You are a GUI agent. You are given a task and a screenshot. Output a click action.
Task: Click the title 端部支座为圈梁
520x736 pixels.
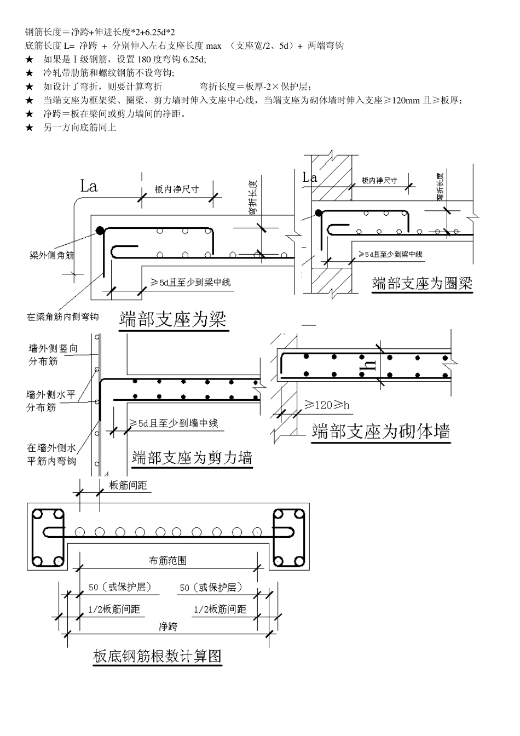pos(421,283)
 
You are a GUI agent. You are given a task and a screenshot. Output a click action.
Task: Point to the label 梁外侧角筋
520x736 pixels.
pos(52,255)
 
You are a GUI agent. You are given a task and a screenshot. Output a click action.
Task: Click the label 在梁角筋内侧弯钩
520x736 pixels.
pos(62,317)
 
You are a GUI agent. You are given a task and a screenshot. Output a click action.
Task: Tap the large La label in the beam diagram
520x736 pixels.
pos(89,186)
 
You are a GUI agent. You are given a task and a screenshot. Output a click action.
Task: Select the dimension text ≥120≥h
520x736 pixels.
pos(327,405)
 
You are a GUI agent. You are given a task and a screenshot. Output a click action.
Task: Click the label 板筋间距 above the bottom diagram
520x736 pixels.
pos(128,485)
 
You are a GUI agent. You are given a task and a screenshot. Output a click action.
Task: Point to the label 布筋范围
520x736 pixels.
pos(167,560)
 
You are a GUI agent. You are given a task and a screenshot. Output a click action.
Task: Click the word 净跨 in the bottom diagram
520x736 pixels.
pos(167,626)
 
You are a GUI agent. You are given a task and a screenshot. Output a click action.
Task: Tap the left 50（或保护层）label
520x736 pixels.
pos(119,587)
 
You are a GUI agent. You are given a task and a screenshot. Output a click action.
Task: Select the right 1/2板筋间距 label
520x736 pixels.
pos(221,609)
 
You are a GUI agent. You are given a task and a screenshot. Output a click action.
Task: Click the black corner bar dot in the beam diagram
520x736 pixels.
pos(99,231)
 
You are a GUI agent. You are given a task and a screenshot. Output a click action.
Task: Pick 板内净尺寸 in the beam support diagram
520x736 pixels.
pos(176,189)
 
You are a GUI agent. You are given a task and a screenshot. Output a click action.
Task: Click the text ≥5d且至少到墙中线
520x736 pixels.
pos(174,423)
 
